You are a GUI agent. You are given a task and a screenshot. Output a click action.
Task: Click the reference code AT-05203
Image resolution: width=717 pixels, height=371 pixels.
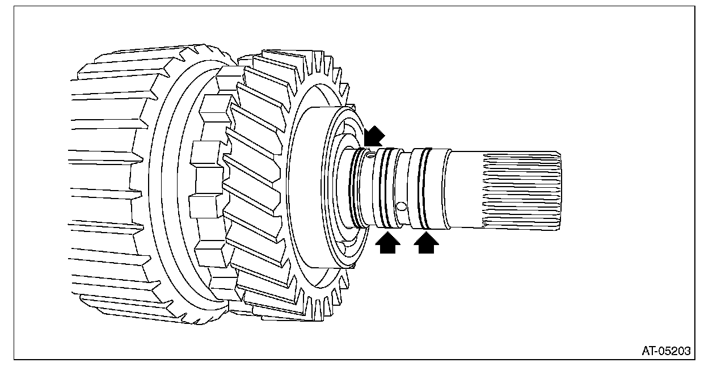coord(666,351)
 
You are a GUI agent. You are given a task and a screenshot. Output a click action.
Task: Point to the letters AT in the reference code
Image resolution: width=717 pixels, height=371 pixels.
coord(649,351)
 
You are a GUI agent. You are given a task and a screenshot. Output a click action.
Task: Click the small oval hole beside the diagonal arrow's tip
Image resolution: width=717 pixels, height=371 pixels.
coord(369,153)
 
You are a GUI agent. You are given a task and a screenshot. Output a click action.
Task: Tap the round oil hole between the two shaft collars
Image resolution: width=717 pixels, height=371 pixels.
coord(402,205)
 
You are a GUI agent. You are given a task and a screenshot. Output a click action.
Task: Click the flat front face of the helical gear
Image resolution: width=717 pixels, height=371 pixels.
coord(309,187)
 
